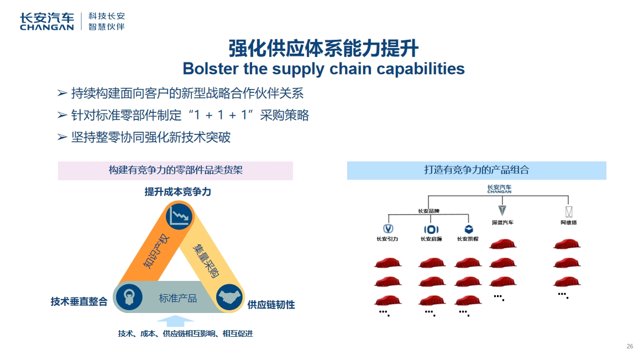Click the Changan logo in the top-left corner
click(x=46, y=21)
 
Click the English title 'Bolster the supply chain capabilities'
click(x=323, y=69)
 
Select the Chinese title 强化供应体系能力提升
click(x=323, y=48)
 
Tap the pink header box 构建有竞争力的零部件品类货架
click(x=175, y=170)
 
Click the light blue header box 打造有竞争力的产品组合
click(x=476, y=170)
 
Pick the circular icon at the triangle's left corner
click(x=129, y=297)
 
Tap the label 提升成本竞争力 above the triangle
click(x=178, y=192)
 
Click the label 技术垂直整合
click(x=79, y=302)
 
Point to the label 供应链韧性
click(x=271, y=305)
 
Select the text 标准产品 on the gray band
click(x=178, y=298)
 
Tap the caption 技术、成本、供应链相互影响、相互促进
click(x=185, y=333)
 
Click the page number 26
click(x=630, y=346)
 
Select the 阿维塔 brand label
click(x=568, y=223)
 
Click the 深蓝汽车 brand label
click(x=502, y=223)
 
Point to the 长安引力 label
click(x=387, y=239)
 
